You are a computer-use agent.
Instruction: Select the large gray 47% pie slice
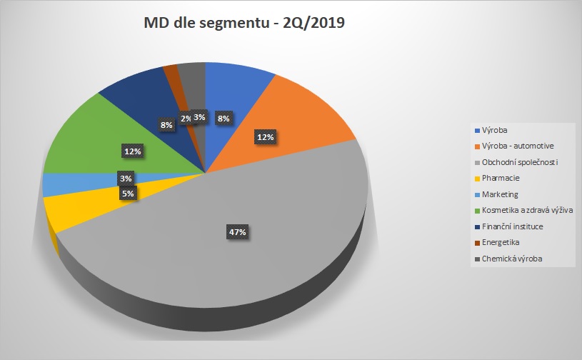pyautogui.click(x=271, y=250)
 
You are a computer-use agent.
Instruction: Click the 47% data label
pyautogui.click(x=238, y=232)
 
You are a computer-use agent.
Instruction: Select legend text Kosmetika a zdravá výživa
pyautogui.click(x=528, y=210)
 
